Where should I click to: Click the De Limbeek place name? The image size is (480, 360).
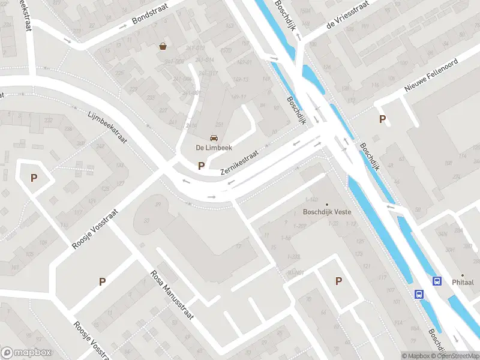pyautogui.click(x=214, y=148)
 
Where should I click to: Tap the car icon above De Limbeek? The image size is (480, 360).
pyautogui.click(x=214, y=138)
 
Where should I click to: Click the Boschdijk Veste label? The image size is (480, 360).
pyautogui.click(x=327, y=212)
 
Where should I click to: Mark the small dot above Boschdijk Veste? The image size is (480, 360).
pyautogui.click(x=327, y=203)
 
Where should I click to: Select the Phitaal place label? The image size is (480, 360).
pyautogui.click(x=463, y=282)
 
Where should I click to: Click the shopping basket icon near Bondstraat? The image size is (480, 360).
pyautogui.click(x=163, y=46)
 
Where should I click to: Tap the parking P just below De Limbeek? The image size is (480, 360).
pyautogui.click(x=201, y=166)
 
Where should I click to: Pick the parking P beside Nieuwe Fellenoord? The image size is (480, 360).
pyautogui.click(x=382, y=119)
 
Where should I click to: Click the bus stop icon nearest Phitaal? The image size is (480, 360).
pyautogui.click(x=437, y=281)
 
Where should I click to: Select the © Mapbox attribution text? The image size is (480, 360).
pyautogui.click(x=415, y=356)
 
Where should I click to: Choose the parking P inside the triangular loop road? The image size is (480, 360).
pyautogui.click(x=34, y=178)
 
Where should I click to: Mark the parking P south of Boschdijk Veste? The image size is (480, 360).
pyautogui.click(x=339, y=281)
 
